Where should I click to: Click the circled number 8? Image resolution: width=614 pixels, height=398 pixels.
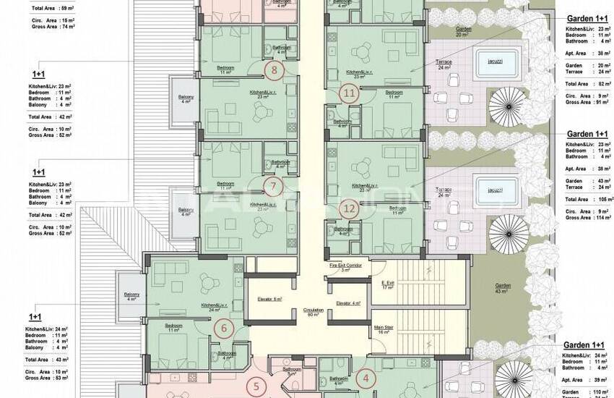(x=273, y=70)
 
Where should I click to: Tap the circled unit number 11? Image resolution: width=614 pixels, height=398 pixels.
(x=350, y=93)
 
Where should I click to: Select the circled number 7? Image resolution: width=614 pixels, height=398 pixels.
(x=272, y=185)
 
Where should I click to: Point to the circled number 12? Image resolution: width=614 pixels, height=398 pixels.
(x=350, y=209)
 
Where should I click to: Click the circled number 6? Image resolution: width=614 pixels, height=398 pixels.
(x=224, y=329)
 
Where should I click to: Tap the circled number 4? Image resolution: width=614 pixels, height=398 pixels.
(x=366, y=377)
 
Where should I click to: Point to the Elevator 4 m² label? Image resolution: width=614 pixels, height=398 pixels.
(x=348, y=302)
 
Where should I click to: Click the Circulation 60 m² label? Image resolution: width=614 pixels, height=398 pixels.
(x=313, y=311)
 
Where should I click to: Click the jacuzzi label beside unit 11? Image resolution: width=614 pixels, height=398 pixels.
(x=495, y=62)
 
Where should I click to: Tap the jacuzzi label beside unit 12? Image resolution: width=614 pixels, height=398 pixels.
(x=495, y=190)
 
